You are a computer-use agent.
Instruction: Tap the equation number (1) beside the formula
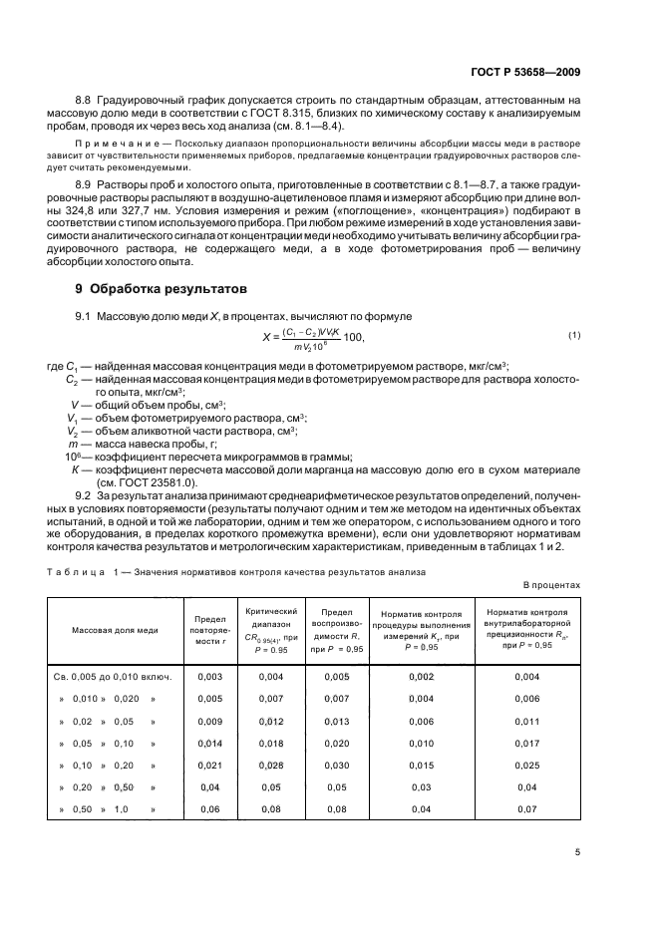pos(574,334)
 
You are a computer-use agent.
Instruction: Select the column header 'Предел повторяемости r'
pos(210,631)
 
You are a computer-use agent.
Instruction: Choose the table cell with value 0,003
pos(210,677)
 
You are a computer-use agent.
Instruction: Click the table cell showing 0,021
pos(210,765)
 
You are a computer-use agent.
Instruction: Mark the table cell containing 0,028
pos(272,765)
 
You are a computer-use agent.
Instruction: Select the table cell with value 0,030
pos(337,765)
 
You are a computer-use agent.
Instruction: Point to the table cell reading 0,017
pos(526,743)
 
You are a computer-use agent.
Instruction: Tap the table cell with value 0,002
pos(422,677)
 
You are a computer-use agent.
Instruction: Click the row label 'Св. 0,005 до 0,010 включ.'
pos(113,677)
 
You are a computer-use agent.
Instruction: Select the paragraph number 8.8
pos(86,102)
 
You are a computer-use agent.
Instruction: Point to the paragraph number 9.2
pos(85,495)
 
